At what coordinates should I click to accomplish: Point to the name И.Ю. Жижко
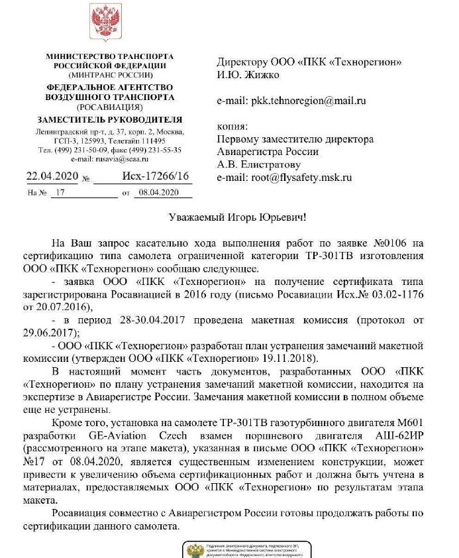pyautogui.click(x=248, y=75)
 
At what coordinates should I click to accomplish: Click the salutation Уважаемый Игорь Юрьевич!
pyautogui.click(x=229, y=217)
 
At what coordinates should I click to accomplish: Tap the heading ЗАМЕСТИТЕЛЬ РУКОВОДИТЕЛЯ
pyautogui.click(x=109, y=119)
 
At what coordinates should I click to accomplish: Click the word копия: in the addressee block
pyautogui.click(x=232, y=126)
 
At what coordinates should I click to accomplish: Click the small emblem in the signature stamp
pyautogui.click(x=196, y=551)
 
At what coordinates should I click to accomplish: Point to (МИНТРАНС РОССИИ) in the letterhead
pyautogui.click(x=109, y=75)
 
